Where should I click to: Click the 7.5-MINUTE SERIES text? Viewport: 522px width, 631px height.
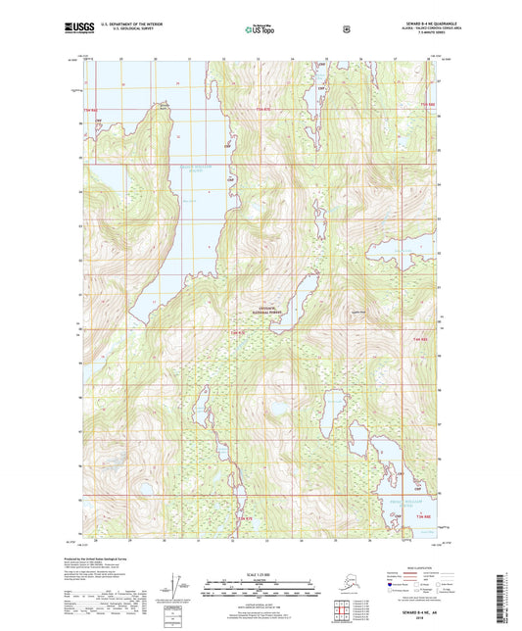tap(414, 34)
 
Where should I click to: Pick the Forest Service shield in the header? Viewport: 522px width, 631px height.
tap(346, 29)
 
